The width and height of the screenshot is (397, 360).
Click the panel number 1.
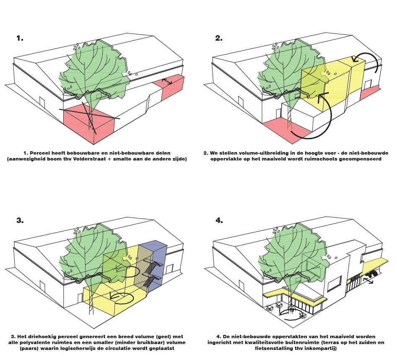20,38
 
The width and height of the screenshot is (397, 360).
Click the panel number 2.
218,38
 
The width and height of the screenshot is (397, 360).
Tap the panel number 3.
20,220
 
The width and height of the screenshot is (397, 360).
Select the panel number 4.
219,220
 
